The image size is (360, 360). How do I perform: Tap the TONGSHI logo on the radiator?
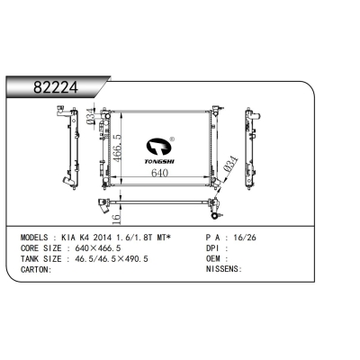coord(164,149)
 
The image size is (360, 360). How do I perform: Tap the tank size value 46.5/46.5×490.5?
coord(112,259)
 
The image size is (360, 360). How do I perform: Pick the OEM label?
coord(214,259)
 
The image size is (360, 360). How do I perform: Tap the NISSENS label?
coord(222,268)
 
